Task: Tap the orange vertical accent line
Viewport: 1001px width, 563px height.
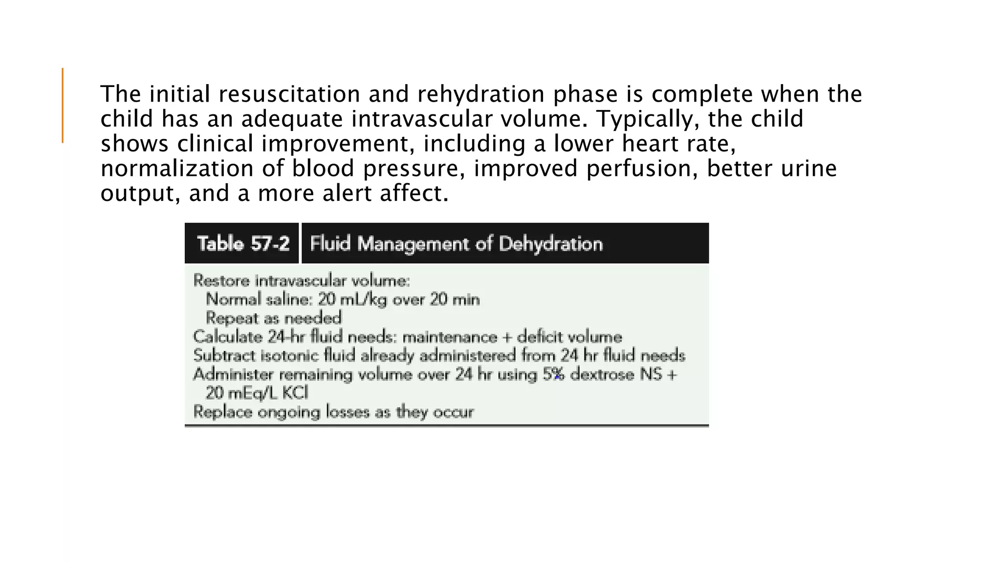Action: tap(63, 105)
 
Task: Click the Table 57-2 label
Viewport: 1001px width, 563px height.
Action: tap(243, 243)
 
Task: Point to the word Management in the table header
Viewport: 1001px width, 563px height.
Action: tap(415, 243)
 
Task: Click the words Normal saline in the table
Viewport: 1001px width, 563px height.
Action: tap(259, 299)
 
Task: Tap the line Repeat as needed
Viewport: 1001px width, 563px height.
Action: tap(274, 318)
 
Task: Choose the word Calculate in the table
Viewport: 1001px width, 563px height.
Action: tap(228, 337)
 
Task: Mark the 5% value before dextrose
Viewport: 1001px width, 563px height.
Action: tap(554, 374)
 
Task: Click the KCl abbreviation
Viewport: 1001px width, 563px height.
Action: tap(295, 393)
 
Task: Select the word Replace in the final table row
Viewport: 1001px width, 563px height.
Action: tap(222, 411)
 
